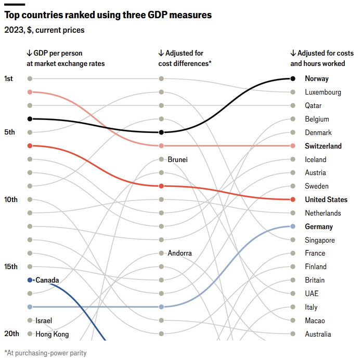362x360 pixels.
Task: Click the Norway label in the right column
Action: click(x=317, y=79)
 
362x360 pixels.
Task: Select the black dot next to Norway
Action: click(x=293, y=79)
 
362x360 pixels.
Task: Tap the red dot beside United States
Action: click(x=293, y=199)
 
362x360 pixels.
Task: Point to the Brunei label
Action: click(x=177, y=159)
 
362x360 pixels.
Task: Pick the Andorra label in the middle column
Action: click(x=179, y=254)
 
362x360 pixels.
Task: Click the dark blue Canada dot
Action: click(x=30, y=280)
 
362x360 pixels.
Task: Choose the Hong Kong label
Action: click(x=52, y=334)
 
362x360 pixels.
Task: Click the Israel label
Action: click(x=44, y=321)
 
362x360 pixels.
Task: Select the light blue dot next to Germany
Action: click(x=293, y=226)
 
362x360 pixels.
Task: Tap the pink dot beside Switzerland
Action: click(x=293, y=146)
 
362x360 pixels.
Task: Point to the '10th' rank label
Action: click(x=11, y=199)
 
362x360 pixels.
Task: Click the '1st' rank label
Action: click(x=9, y=78)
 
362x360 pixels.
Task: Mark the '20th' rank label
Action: click(x=11, y=334)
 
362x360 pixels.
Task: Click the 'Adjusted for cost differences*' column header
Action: click(x=185, y=58)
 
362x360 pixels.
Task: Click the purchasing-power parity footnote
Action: click(x=45, y=353)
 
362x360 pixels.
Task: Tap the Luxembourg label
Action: click(x=323, y=92)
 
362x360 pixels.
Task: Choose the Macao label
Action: click(x=315, y=321)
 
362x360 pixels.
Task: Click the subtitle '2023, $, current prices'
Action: click(x=44, y=30)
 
